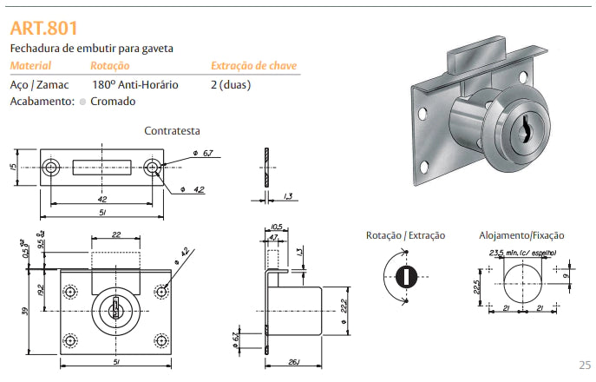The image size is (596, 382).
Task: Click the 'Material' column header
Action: point(30,66)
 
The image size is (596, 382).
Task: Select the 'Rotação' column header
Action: point(109,66)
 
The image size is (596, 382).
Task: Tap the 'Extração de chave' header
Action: point(254,66)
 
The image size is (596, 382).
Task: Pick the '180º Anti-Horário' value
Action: point(134,85)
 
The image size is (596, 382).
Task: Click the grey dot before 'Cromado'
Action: point(82,102)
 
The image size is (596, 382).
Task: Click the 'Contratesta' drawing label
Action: point(172,130)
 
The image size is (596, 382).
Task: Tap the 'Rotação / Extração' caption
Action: point(405,235)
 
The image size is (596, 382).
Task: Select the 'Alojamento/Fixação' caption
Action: point(521,235)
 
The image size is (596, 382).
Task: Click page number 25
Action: point(585,365)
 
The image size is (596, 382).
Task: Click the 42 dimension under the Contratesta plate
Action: point(102,198)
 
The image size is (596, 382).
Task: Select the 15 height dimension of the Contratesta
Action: point(15,168)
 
